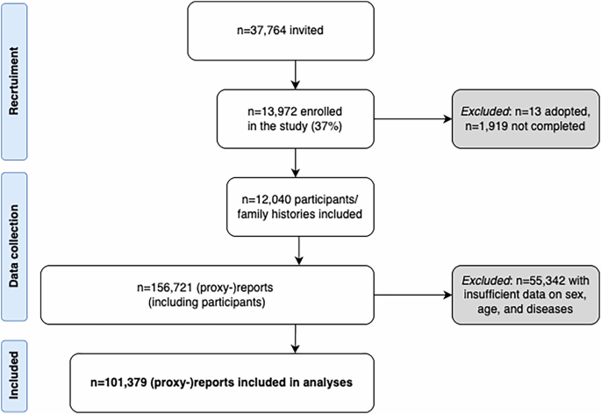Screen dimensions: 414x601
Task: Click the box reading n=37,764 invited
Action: pos(300,34)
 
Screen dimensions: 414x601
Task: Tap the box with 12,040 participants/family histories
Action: pos(300,203)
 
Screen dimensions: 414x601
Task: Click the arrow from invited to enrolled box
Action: pos(300,75)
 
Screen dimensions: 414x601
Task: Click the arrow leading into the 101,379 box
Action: pos(300,338)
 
